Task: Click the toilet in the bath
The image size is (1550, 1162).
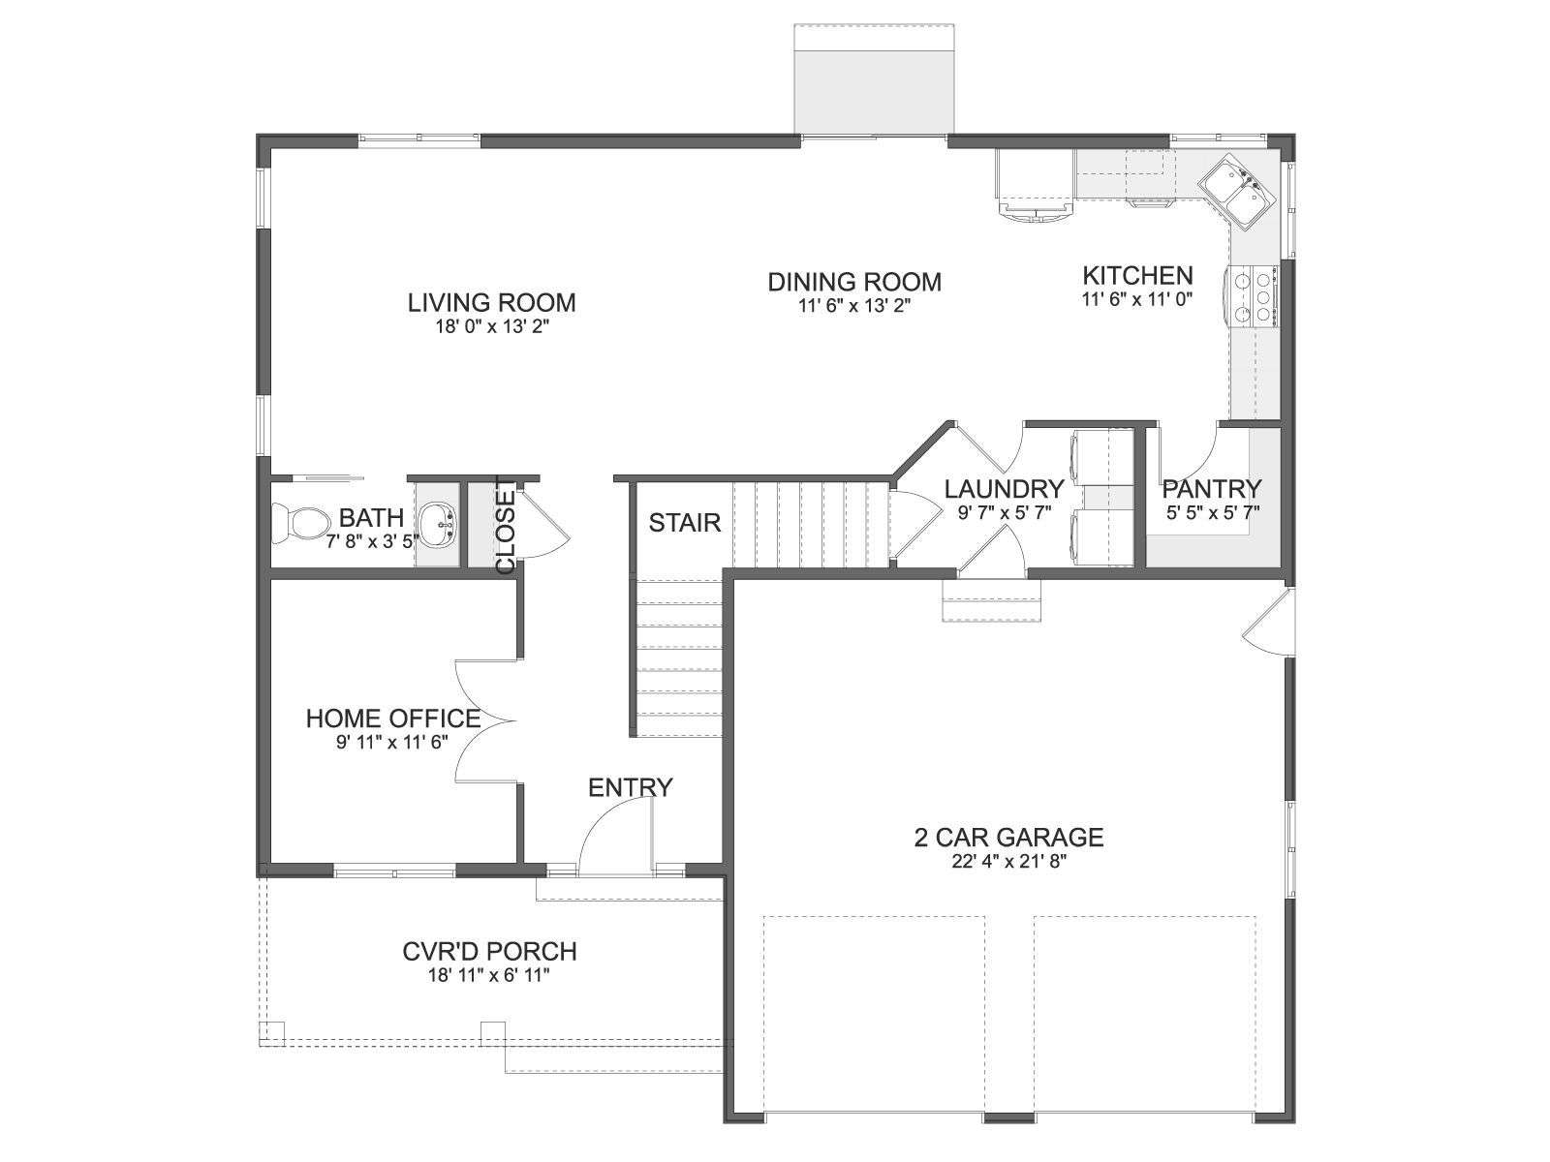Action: (x=301, y=524)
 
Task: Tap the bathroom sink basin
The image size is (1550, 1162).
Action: (x=438, y=524)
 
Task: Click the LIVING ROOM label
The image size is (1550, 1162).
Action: (x=491, y=303)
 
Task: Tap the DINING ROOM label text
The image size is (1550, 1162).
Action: (x=854, y=282)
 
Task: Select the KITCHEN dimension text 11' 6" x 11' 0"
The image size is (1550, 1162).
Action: (x=1137, y=299)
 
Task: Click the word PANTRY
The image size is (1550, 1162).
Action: (x=1212, y=488)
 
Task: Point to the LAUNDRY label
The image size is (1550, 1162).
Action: (x=1005, y=488)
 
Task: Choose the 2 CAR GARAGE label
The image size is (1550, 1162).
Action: (x=1008, y=838)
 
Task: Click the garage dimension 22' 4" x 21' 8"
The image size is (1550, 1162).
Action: (x=1008, y=862)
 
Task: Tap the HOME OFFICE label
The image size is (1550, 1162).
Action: (x=393, y=719)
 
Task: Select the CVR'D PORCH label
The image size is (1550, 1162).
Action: (x=489, y=952)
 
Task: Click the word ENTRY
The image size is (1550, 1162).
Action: (x=631, y=787)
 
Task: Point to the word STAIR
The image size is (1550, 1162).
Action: (x=685, y=523)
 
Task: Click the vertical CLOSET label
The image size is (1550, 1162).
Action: (x=507, y=526)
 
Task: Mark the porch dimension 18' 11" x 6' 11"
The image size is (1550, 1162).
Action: (x=488, y=976)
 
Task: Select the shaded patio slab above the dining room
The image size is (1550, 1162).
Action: (x=874, y=79)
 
